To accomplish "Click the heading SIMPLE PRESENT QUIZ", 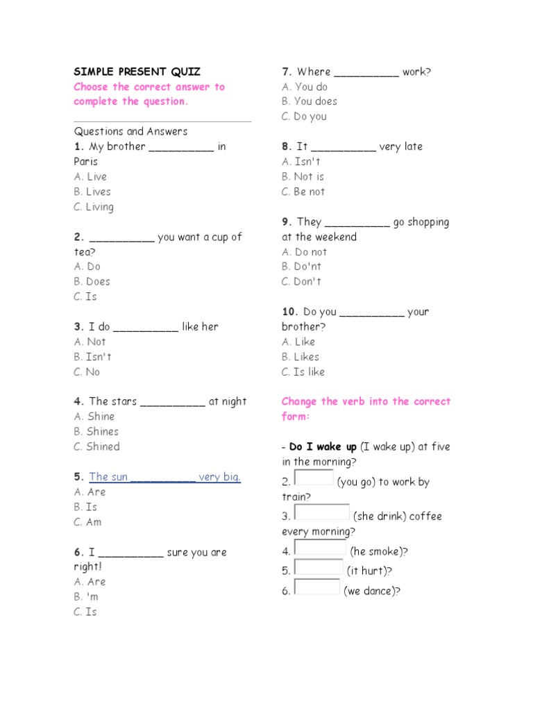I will (137, 72).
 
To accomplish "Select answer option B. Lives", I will (92, 192).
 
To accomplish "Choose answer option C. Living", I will (94, 207).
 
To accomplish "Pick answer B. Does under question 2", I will (92, 281).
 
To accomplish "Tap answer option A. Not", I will (90, 342).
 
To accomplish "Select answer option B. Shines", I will (96, 431).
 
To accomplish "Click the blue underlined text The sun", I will (108, 477).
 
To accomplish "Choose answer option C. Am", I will (88, 522).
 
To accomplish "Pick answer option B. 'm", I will (87, 596).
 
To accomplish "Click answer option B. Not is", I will (303, 176).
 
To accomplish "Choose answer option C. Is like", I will (303, 372).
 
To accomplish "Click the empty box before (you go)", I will (314, 478).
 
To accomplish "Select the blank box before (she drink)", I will (321, 512).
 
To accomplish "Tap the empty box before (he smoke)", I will (320, 548).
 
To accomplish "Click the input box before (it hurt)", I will (318, 567).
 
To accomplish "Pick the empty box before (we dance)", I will (317, 587).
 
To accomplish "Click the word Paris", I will (86, 162).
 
